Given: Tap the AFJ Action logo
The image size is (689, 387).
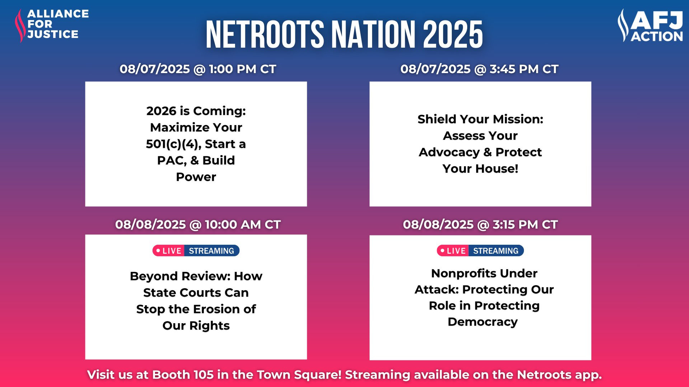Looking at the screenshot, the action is click(x=650, y=25).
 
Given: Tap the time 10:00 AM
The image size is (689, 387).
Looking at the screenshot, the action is click(x=233, y=224).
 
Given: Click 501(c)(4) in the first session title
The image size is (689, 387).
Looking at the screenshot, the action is click(x=173, y=144).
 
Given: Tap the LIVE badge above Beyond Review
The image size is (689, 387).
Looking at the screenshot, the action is click(x=169, y=251).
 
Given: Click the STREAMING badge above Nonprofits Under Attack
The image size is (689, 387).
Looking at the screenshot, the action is click(x=496, y=251).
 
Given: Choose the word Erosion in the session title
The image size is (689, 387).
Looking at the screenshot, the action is click(x=216, y=309).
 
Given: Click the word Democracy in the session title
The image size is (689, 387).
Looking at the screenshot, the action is click(x=483, y=322).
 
